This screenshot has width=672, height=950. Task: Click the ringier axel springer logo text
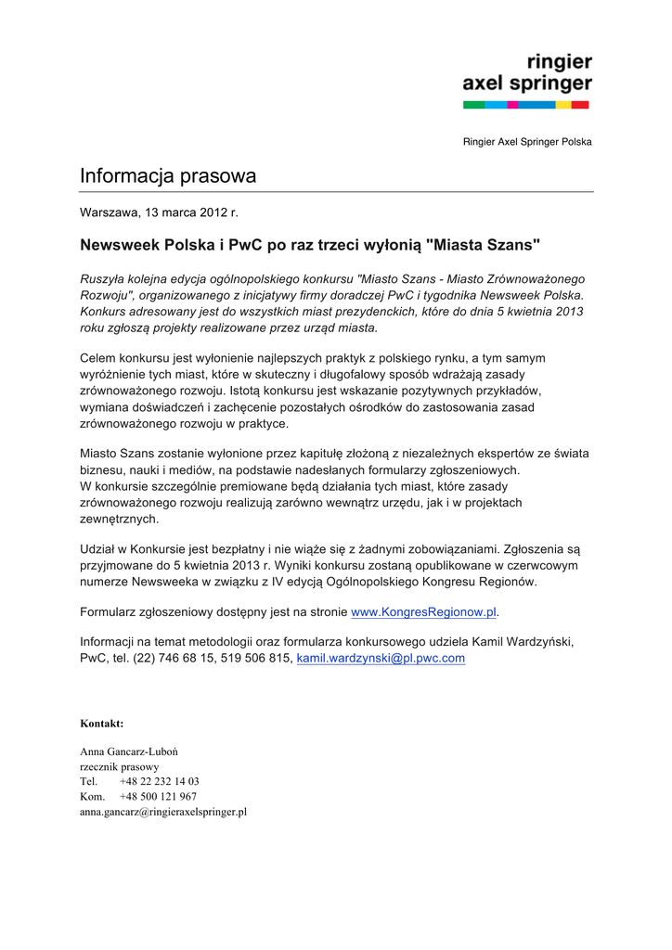527,73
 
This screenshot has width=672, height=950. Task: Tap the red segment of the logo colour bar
580,105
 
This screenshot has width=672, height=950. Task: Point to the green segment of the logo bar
473,105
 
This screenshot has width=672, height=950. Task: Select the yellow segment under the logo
562,105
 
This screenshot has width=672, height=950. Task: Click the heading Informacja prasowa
168,175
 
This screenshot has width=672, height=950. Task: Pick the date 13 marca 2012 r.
190,213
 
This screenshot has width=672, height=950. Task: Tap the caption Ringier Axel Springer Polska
527,142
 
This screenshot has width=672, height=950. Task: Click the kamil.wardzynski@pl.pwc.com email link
381,659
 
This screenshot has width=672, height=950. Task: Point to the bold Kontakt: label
102,723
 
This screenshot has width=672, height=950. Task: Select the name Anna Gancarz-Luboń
129,751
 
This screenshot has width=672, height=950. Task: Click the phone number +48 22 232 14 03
159,781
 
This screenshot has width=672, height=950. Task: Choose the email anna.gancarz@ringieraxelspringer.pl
163,812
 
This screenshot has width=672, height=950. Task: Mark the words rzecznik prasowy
120,766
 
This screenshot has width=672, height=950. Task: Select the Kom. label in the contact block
92,796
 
